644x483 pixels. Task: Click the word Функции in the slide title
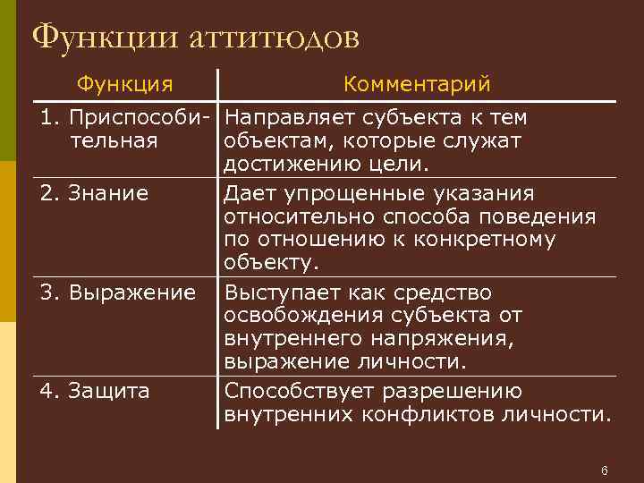click(x=106, y=37)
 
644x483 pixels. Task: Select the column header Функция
click(x=124, y=84)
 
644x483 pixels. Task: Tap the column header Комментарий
click(x=417, y=84)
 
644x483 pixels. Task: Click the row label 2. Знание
click(x=93, y=193)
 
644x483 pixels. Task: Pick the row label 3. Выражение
click(x=116, y=292)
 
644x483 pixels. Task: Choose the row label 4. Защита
click(x=94, y=391)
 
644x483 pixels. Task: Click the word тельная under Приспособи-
click(x=112, y=141)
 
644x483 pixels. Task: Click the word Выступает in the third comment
click(x=282, y=292)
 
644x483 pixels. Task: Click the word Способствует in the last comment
click(x=300, y=392)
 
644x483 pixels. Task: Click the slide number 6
click(x=605, y=470)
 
